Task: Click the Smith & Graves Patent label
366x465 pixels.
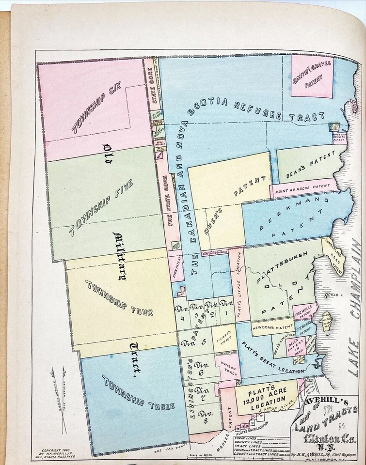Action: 312,77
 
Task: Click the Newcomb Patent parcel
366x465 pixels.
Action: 266,327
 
